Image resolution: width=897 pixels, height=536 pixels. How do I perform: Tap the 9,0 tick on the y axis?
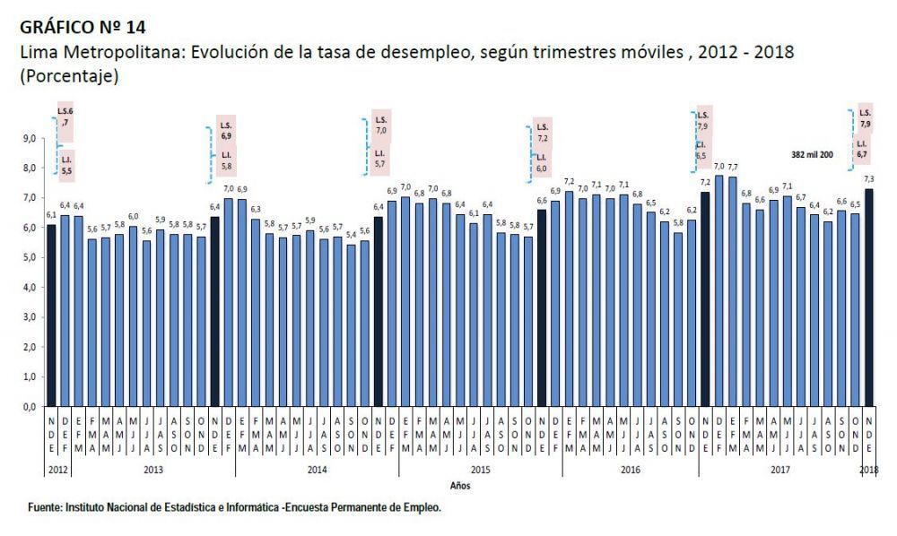pyautogui.click(x=29, y=138)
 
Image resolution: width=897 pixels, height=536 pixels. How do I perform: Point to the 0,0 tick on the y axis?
pyautogui.click(x=29, y=407)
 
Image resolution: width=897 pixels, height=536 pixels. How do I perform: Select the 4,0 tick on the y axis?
pyautogui.click(x=29, y=288)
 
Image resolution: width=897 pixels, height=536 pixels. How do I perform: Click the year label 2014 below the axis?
pyautogui.click(x=316, y=470)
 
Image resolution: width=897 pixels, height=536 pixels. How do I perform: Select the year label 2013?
pyautogui.click(x=153, y=470)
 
